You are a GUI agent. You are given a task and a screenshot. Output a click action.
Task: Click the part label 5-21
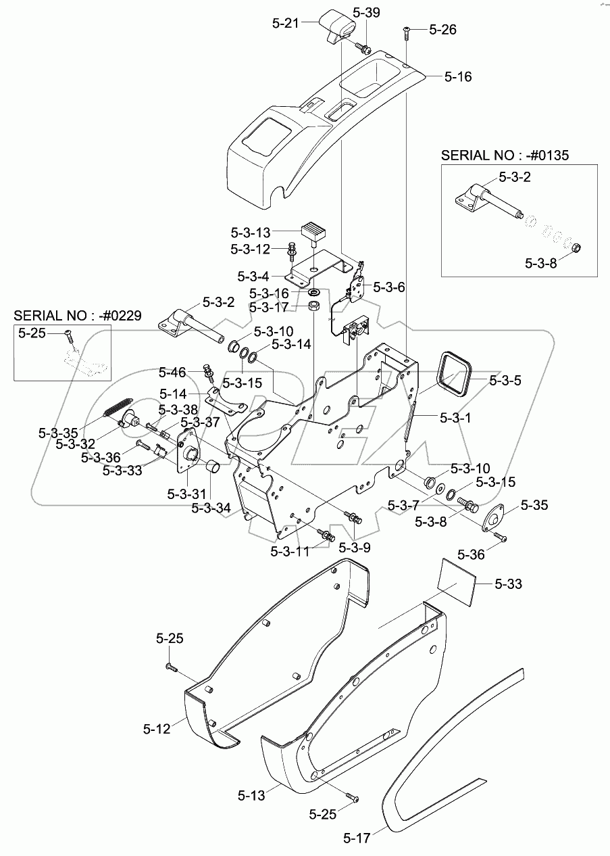tap(285, 23)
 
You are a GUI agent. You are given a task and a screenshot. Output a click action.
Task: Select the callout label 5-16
tap(458, 77)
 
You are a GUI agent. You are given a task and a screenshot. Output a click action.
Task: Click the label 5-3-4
tap(253, 277)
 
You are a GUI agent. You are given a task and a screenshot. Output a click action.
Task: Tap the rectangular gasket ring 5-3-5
tap(456, 371)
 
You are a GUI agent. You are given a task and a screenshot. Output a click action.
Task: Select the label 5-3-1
tap(455, 418)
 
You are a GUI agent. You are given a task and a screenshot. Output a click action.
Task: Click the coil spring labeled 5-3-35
tap(119, 408)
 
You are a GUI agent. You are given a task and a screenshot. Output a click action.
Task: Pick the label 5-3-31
tap(186, 494)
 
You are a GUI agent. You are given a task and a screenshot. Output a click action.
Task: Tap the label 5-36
tap(471, 554)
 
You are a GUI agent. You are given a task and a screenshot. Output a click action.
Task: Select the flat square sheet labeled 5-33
tap(457, 583)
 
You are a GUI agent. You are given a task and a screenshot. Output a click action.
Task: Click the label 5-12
tap(157, 729)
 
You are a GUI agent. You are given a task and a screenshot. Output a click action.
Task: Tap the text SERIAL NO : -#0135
tap(505, 156)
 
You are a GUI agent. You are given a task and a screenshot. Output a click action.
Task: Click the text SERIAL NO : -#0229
tap(78, 316)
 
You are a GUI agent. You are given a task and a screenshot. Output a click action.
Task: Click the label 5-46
tap(172, 372)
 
